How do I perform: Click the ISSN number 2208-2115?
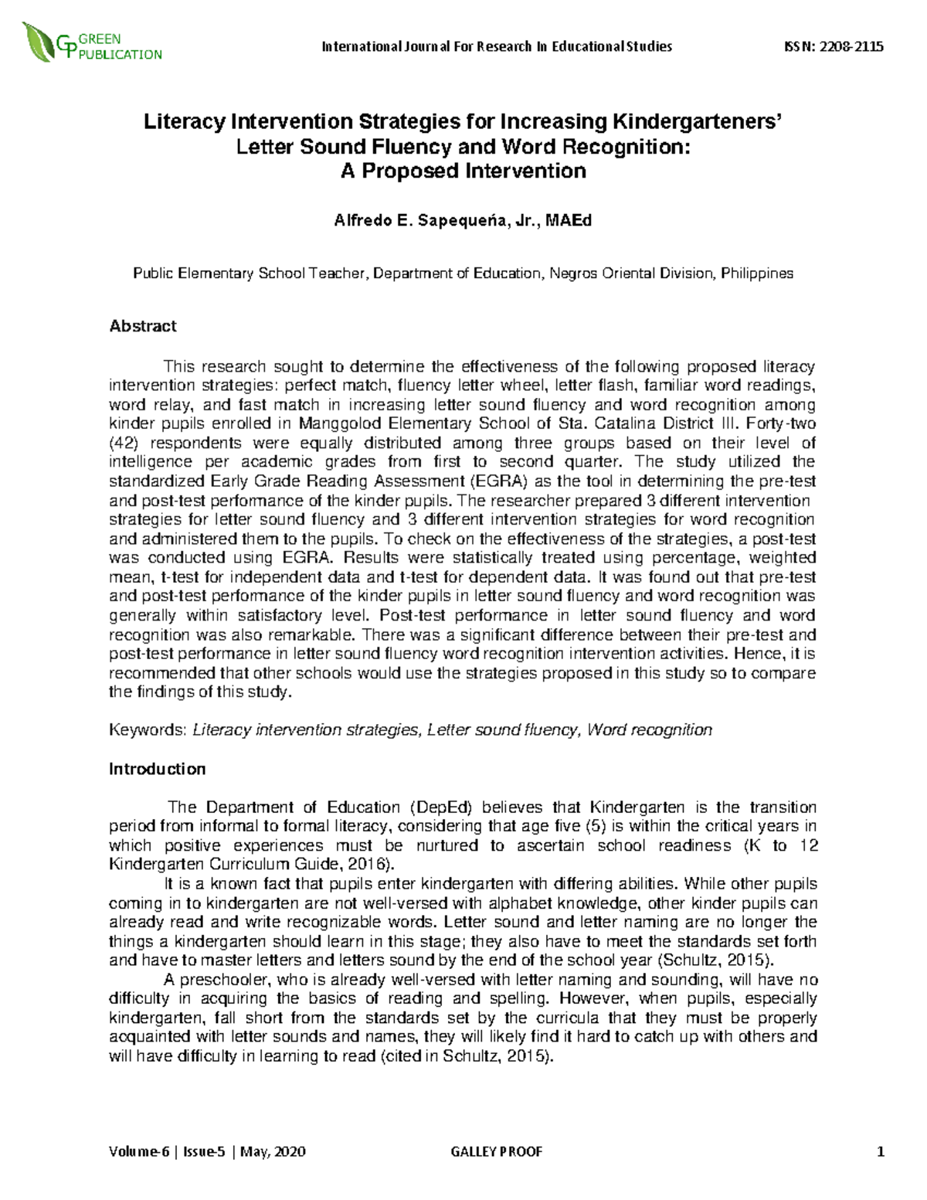click(x=851, y=46)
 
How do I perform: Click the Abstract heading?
click(x=143, y=326)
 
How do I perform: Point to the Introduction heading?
click(x=157, y=769)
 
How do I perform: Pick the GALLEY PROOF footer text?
click(x=496, y=1152)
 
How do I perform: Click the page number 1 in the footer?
click(x=880, y=1152)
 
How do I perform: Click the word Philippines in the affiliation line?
click(x=756, y=274)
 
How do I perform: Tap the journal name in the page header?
click(x=497, y=46)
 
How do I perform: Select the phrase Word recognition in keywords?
click(x=650, y=730)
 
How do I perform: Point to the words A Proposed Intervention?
click(x=463, y=171)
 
